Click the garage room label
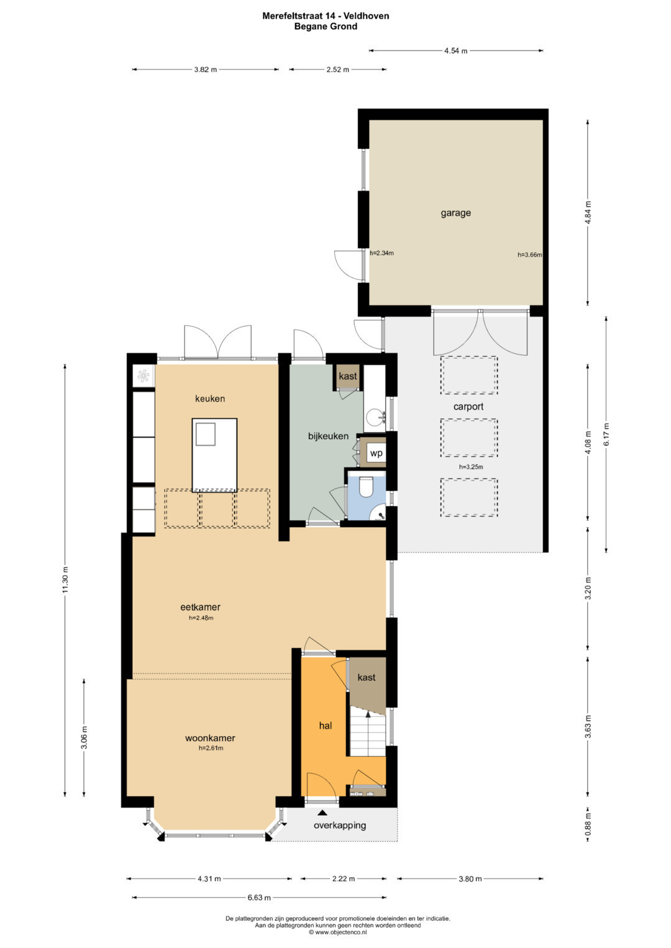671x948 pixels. pyautogui.click(x=455, y=213)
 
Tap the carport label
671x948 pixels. pyautogui.click(x=468, y=407)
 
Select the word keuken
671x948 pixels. pyautogui.click(x=210, y=399)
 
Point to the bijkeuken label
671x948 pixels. pyautogui.click(x=328, y=436)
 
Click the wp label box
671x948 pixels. pyautogui.click(x=376, y=453)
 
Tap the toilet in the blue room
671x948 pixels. pyautogui.click(x=365, y=487)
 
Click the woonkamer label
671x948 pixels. pyautogui.click(x=210, y=738)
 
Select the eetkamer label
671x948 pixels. pyautogui.click(x=200, y=607)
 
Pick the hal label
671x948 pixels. pyautogui.click(x=326, y=726)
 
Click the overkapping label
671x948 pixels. pyautogui.click(x=340, y=825)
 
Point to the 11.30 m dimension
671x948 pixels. pyautogui.click(x=65, y=579)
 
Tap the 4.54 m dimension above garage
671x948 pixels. pyautogui.click(x=455, y=51)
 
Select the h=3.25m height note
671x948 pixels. pyautogui.click(x=471, y=467)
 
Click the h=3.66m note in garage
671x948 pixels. pyautogui.click(x=529, y=255)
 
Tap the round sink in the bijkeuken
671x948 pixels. pyautogui.click(x=375, y=417)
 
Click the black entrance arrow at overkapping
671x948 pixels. pyautogui.click(x=322, y=812)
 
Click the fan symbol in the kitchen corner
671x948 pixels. pyautogui.click(x=143, y=375)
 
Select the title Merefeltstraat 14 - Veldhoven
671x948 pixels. pyautogui.click(x=326, y=16)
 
